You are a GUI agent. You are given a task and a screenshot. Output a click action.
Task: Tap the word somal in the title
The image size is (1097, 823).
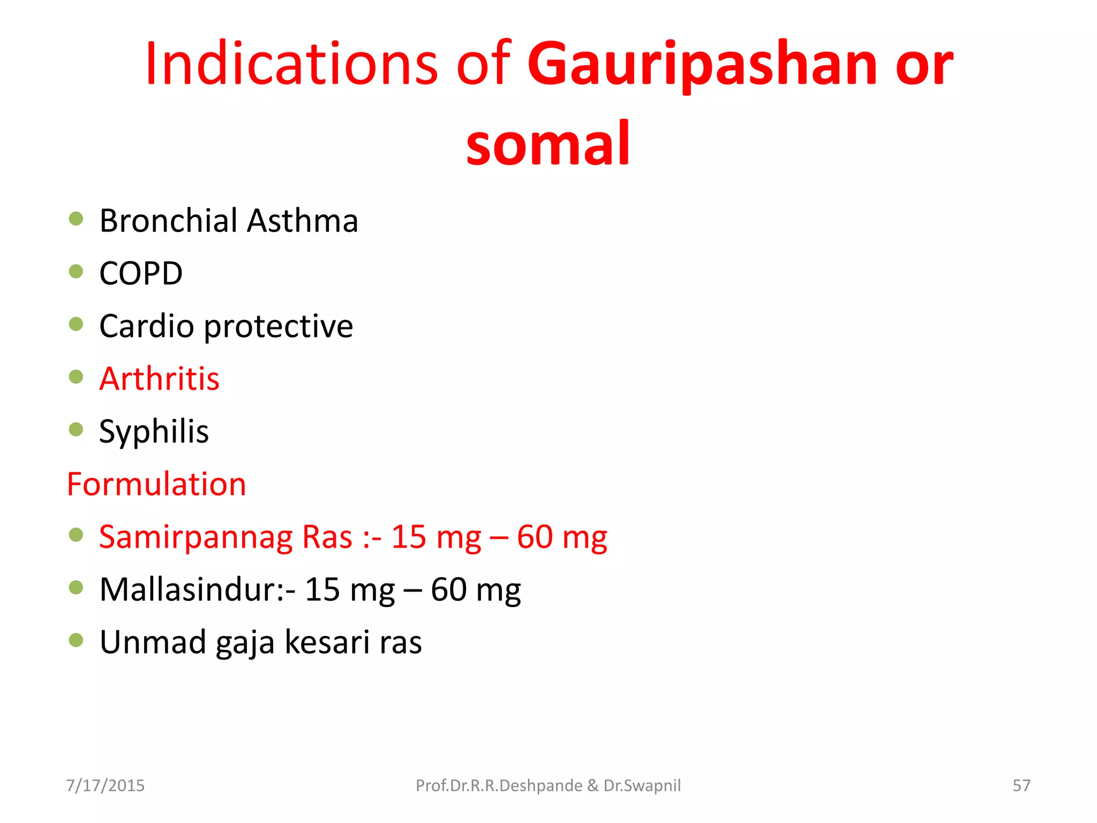pyautogui.click(x=548, y=144)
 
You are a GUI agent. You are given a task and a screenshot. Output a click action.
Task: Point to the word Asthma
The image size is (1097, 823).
pyautogui.click(x=303, y=221)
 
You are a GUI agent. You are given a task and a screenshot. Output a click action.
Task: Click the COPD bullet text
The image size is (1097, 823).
pyautogui.click(x=141, y=273)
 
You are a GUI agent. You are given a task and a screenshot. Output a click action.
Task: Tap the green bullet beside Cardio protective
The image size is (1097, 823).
pyautogui.click(x=76, y=324)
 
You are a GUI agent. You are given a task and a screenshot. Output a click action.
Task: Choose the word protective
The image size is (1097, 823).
pyautogui.click(x=279, y=327)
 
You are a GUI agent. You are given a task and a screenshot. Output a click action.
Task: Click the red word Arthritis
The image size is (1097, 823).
pyautogui.click(x=159, y=379)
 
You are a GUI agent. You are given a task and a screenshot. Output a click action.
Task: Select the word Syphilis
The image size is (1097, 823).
pyautogui.click(x=154, y=432)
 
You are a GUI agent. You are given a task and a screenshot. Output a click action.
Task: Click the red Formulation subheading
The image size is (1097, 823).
pyautogui.click(x=156, y=484)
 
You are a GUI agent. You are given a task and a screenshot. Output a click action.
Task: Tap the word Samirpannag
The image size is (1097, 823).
pyautogui.click(x=196, y=537)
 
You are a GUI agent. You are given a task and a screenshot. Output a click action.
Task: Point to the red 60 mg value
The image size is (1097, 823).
pyautogui.click(x=562, y=537)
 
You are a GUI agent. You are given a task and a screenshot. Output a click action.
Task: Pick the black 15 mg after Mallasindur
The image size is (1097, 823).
pyautogui.click(x=349, y=590)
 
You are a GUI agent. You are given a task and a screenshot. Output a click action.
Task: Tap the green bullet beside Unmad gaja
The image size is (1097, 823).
pyautogui.click(x=76, y=640)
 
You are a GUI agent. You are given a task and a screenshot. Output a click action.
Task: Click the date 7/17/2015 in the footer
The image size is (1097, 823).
pyautogui.click(x=105, y=785)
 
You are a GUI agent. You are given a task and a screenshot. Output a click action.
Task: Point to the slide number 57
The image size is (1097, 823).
pyautogui.click(x=1021, y=785)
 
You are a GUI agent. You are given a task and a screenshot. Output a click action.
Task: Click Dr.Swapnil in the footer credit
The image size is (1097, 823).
pyautogui.click(x=642, y=785)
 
